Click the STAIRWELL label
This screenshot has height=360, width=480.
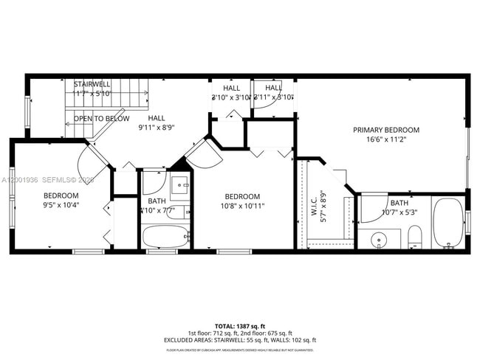coord(92,85)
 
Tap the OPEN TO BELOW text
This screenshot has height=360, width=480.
coord(101,119)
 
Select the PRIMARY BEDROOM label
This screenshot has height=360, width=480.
coord(385,130)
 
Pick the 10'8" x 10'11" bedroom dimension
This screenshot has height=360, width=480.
coord(242,206)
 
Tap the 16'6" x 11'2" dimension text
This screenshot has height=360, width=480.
coord(385,139)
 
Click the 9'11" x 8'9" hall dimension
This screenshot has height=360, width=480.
coord(156,127)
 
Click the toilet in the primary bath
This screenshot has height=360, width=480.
coord(414,237)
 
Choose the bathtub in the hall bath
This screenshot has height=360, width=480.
coord(165,237)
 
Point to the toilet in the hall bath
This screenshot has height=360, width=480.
coord(180,212)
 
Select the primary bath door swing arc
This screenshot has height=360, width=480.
coord(373,207)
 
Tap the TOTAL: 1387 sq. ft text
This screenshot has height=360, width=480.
coord(240,325)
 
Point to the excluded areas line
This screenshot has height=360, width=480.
coord(240,340)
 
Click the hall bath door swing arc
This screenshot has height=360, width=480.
coord(153,182)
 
